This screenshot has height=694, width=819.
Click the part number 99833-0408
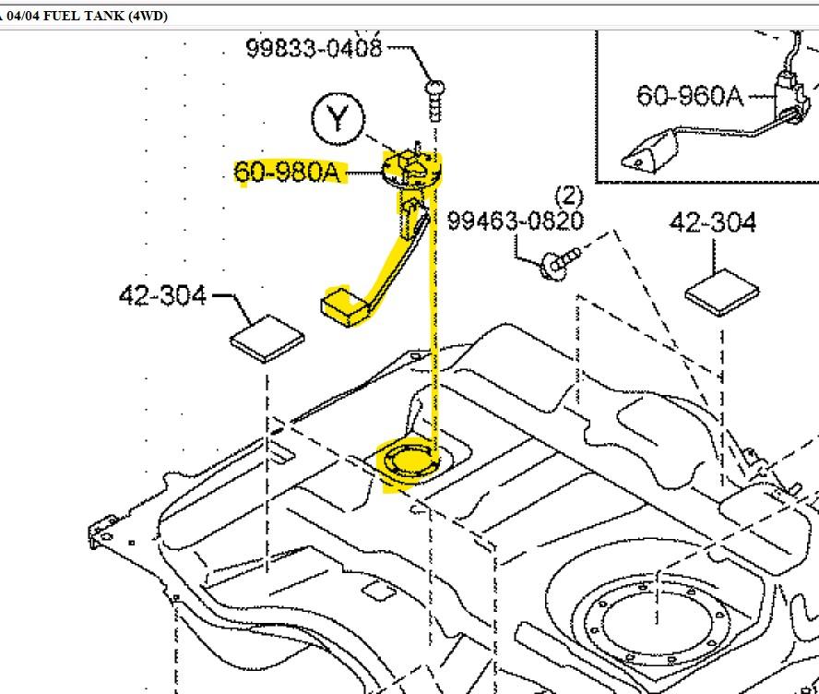[x=313, y=49]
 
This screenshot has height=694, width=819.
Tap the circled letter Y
[x=338, y=120]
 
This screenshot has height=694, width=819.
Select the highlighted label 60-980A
[x=288, y=172]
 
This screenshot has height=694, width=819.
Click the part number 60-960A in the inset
[x=690, y=95]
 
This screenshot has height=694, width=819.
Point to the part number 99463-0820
[x=515, y=221]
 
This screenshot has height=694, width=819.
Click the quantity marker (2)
[x=569, y=196]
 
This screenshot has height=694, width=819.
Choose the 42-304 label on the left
[x=162, y=295]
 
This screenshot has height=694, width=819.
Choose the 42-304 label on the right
[x=712, y=222]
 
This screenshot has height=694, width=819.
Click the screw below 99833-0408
[x=433, y=96]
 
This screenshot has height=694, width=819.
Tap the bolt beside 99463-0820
[x=557, y=263]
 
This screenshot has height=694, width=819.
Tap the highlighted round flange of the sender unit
[x=412, y=169]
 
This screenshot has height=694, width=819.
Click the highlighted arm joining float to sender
[x=393, y=264]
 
